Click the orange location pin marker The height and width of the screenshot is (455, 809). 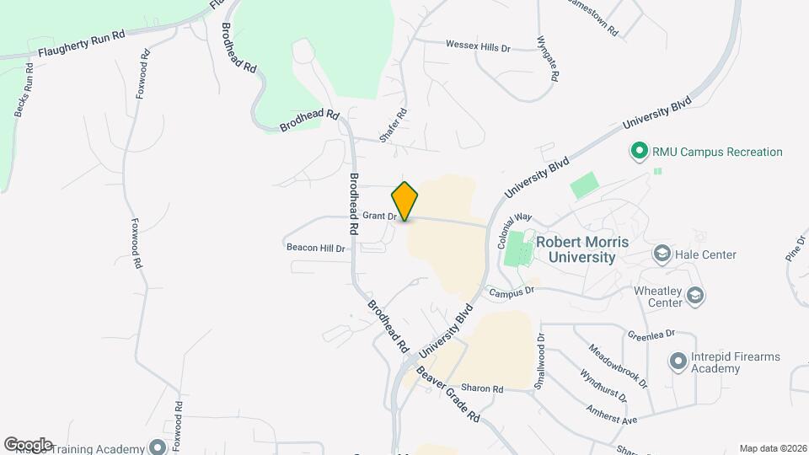point(405,201)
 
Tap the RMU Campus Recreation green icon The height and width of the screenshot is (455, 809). point(639,152)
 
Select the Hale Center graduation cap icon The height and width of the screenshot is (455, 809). point(662,254)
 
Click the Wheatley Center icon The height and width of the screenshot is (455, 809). point(695,296)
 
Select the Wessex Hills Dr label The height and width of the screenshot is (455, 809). point(478,46)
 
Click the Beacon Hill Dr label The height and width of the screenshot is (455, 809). point(316,249)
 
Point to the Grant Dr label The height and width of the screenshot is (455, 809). point(380,216)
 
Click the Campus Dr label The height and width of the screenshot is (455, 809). point(512,292)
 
